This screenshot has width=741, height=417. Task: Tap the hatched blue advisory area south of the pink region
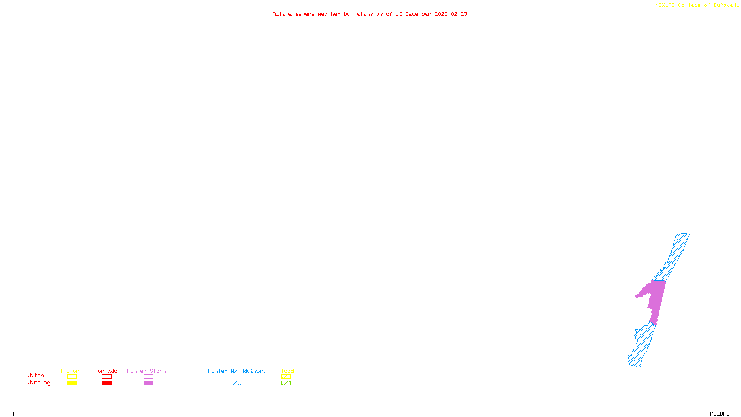[643, 345]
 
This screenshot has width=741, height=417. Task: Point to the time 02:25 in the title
[458, 14]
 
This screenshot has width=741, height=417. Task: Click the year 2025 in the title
[441, 14]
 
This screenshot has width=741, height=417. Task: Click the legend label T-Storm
[71, 371]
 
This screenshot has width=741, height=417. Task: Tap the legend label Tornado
[106, 371]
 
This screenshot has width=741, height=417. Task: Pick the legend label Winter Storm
[146, 371]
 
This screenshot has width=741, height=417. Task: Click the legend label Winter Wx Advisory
[237, 371]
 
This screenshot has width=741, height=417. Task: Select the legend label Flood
[286, 371]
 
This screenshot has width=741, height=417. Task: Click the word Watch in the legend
[36, 375]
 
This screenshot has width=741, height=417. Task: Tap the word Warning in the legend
[39, 383]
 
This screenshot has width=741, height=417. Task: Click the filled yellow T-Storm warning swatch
[72, 383]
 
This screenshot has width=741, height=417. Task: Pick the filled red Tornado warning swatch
[107, 383]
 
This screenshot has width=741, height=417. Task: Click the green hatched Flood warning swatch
[286, 383]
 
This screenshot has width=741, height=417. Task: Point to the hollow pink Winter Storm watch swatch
[148, 377]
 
